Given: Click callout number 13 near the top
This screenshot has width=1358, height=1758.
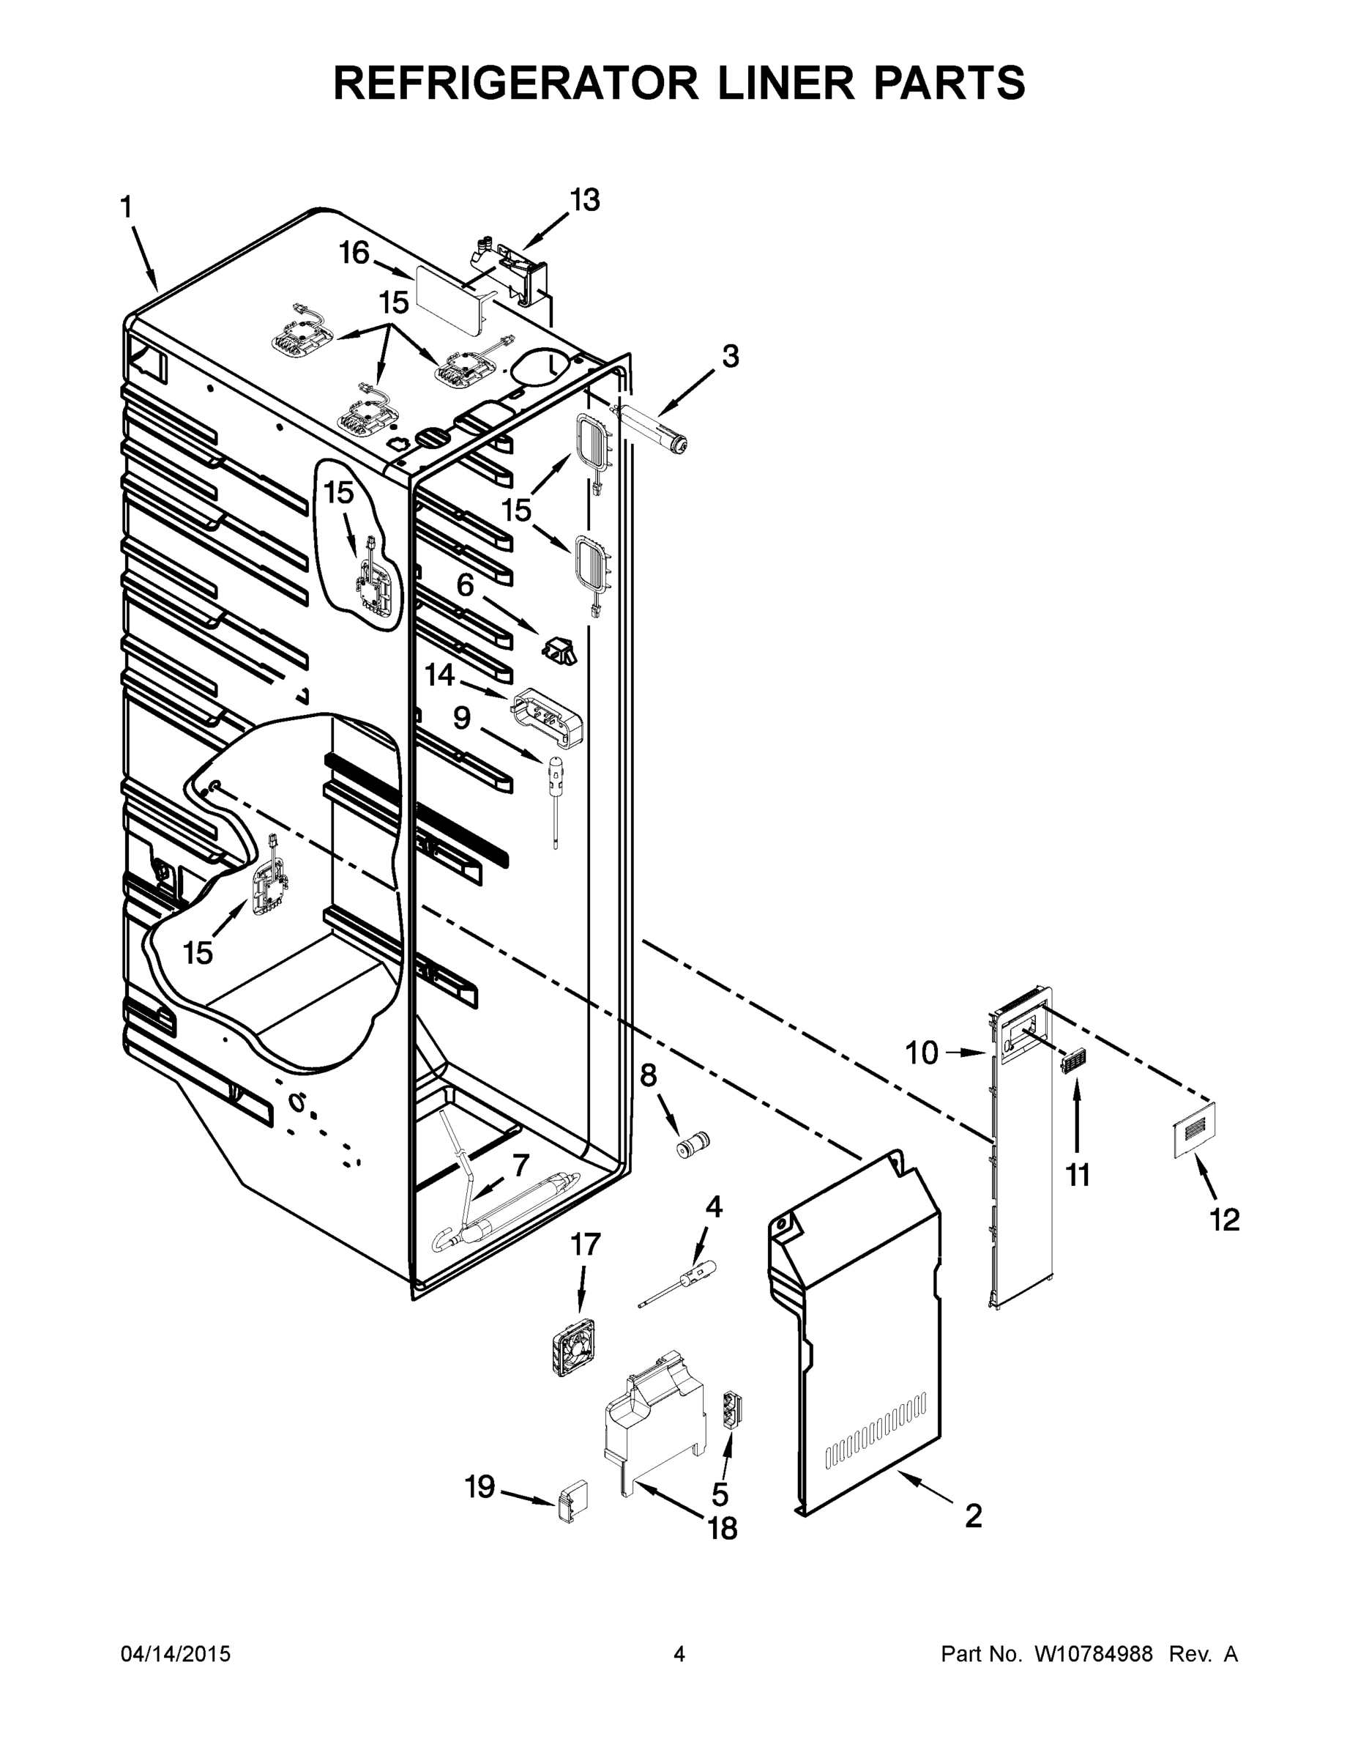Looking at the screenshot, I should pos(585,201).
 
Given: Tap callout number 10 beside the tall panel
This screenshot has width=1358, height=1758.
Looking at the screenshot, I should pos(922,1052).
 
